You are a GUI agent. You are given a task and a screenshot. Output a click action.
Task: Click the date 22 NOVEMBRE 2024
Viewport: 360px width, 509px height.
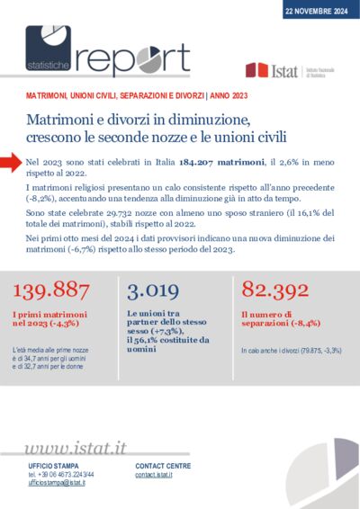click(316, 11)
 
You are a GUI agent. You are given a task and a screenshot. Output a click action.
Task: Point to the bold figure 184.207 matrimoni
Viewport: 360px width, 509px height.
click(206, 159)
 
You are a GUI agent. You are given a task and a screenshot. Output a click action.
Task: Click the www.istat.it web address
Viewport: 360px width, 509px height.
click(75, 448)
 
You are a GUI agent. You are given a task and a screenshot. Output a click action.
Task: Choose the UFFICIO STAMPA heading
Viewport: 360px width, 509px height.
click(53, 467)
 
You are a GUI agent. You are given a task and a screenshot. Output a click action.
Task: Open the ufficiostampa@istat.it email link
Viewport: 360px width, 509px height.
click(57, 483)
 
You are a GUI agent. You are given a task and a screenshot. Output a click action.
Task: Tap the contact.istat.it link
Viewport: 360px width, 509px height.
click(154, 475)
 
